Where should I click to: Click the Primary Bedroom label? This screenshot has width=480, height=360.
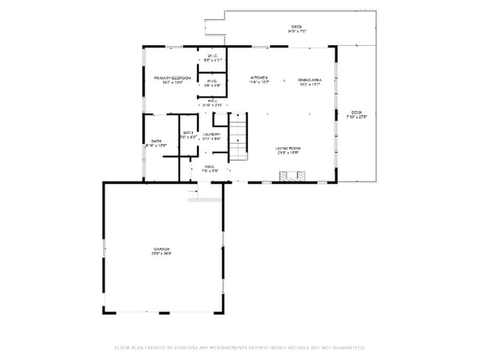pyautogui.click(x=172, y=77)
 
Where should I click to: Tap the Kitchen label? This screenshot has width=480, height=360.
pyautogui.click(x=258, y=78)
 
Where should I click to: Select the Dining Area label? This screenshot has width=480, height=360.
pyautogui.click(x=309, y=79)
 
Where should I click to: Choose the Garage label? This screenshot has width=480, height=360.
pyautogui.click(x=162, y=249)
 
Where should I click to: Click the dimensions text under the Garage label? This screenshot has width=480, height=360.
pyautogui.click(x=162, y=255)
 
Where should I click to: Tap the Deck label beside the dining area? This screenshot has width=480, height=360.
pyautogui.click(x=357, y=112)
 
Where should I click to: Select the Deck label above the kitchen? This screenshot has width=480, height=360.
pyautogui.click(x=297, y=27)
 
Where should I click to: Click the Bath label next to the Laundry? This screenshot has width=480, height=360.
pyautogui.click(x=188, y=132)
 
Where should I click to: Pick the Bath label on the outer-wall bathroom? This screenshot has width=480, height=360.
pyautogui.click(x=156, y=140)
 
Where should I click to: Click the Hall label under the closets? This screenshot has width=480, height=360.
pyautogui.click(x=212, y=101)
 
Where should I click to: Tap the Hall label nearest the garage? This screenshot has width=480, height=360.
pyautogui.click(x=210, y=167)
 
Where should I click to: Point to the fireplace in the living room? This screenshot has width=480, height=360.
pyautogui.click(x=292, y=176)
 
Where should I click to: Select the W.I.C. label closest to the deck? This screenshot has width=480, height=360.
pyautogui.click(x=212, y=56)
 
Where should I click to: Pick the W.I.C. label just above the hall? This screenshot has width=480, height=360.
pyautogui.click(x=211, y=81)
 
